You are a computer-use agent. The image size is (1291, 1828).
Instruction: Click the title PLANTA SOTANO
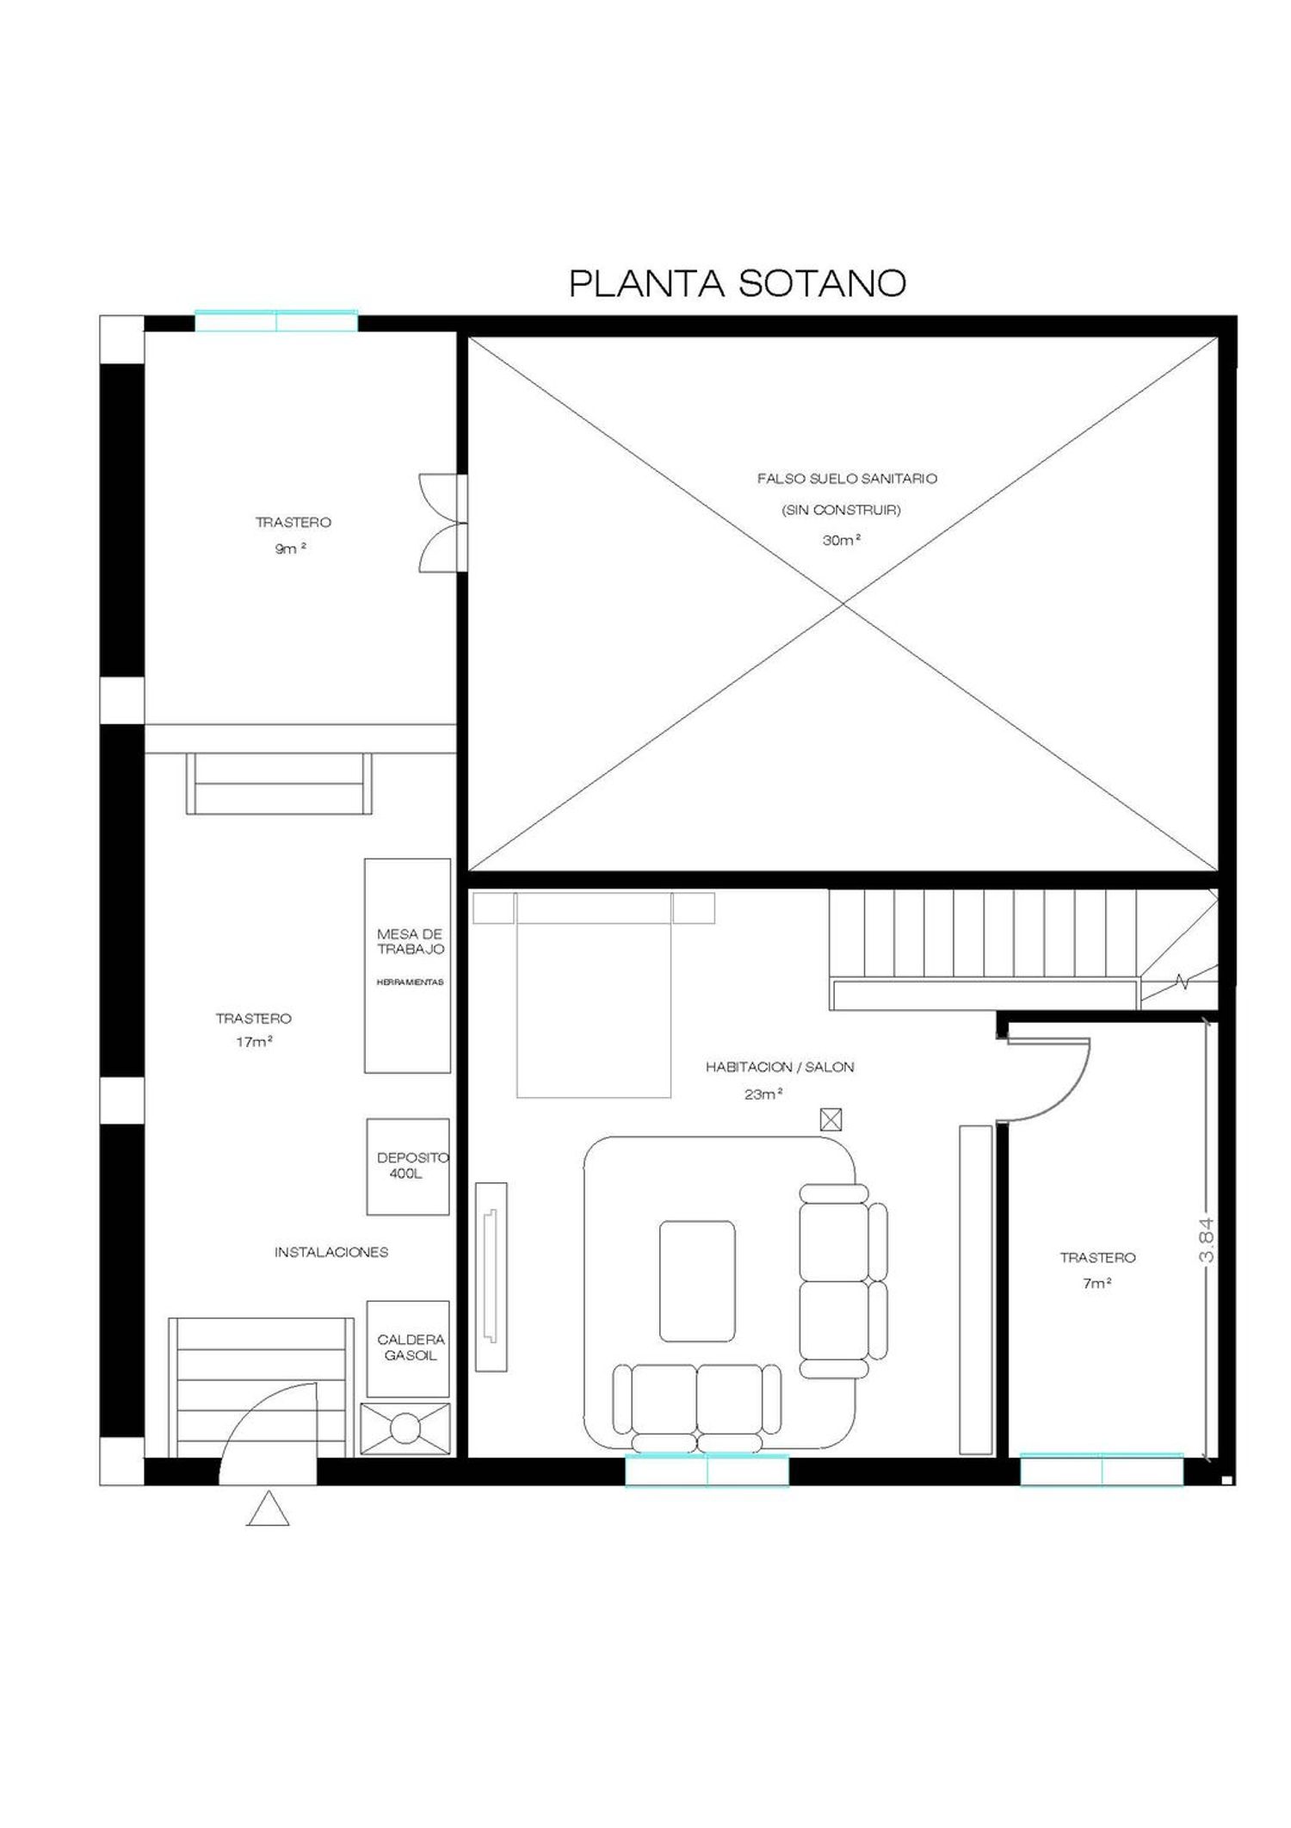tap(738, 283)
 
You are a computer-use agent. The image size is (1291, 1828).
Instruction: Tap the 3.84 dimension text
tap(1207, 1240)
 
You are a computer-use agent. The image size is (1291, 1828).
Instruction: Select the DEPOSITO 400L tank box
tap(408, 1167)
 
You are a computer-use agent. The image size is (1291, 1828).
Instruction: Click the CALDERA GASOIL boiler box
tap(408, 1349)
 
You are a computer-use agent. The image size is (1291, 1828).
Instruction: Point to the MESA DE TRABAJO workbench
tap(407, 965)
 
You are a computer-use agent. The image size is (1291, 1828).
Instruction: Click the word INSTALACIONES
tap(331, 1253)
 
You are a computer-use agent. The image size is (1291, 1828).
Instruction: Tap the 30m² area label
tap(842, 541)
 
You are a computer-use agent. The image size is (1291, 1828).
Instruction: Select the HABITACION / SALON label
tap(780, 1067)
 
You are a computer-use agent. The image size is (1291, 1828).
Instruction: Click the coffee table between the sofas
tap(697, 1281)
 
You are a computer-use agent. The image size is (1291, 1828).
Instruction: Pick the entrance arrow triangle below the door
tap(268, 1509)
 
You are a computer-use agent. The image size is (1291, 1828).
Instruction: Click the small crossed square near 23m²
tap(831, 1119)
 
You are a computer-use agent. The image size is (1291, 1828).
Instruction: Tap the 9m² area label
tap(291, 548)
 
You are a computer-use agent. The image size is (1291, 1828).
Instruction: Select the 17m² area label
tap(254, 1042)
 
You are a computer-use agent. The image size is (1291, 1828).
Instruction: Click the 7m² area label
tap(1096, 1283)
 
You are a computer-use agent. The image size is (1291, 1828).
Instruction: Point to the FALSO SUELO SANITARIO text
tap(847, 479)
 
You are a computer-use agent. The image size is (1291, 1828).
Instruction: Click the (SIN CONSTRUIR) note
tap(841, 510)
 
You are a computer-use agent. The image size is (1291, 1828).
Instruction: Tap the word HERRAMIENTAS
tap(410, 982)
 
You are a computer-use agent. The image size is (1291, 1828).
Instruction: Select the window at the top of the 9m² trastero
tap(276, 321)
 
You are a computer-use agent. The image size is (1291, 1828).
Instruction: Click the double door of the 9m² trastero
tap(442, 522)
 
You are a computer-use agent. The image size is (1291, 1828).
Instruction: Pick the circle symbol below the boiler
tap(405, 1429)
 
